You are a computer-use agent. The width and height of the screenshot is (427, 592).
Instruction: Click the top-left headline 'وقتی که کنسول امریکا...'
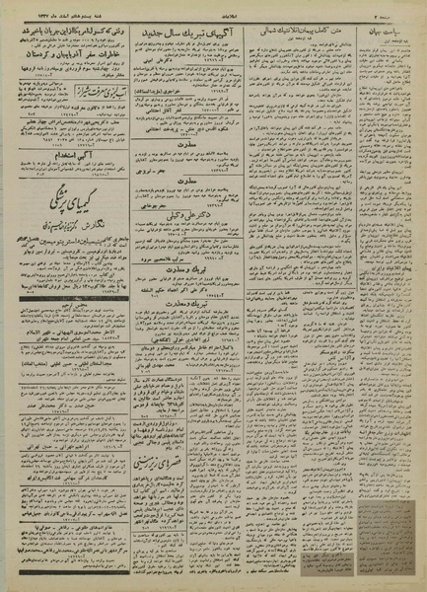click(71, 32)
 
